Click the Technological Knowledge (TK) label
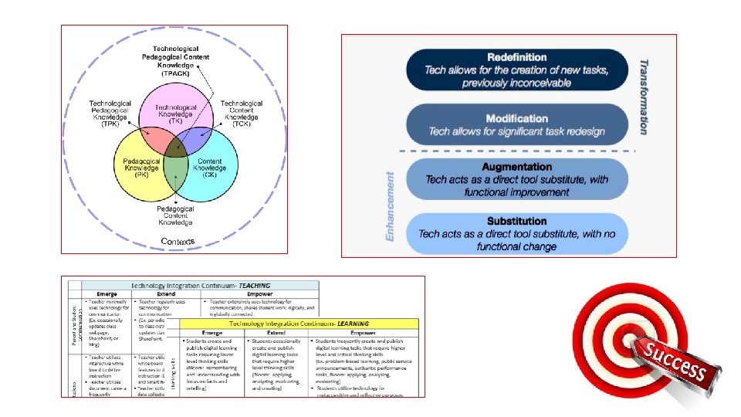point(175,114)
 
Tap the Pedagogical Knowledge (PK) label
point(140,167)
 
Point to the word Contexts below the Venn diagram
point(178,242)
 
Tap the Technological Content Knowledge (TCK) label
point(241,113)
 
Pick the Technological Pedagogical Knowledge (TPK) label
point(110,113)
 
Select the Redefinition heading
point(516,58)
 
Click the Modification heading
point(516,118)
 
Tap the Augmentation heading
point(516,167)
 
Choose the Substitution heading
point(516,221)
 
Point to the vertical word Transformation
point(643,97)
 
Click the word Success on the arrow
point(676,364)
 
